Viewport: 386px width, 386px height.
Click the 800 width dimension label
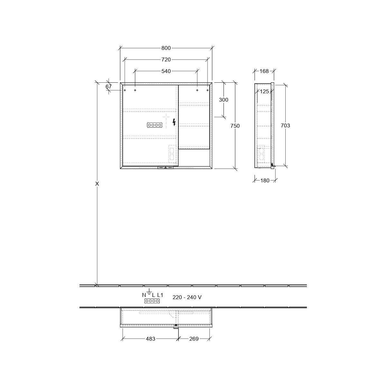[x=166, y=48]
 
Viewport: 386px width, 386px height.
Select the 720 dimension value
[x=166, y=60]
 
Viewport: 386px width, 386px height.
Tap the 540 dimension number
[x=166, y=71]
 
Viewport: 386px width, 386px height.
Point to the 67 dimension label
[x=108, y=87]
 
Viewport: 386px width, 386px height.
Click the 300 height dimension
[x=224, y=100]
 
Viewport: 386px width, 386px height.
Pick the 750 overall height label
[x=235, y=126]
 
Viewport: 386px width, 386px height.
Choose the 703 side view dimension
[x=285, y=125]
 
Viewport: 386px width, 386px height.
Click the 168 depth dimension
[x=264, y=71]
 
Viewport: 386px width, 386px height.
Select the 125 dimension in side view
[x=264, y=92]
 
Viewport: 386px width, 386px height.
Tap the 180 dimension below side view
[x=265, y=180]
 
